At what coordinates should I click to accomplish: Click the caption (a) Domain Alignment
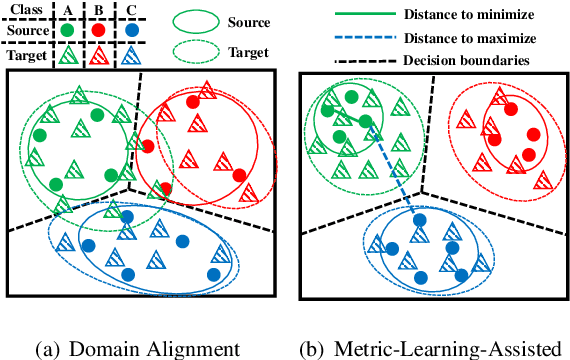pyautogui.click(x=137, y=347)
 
